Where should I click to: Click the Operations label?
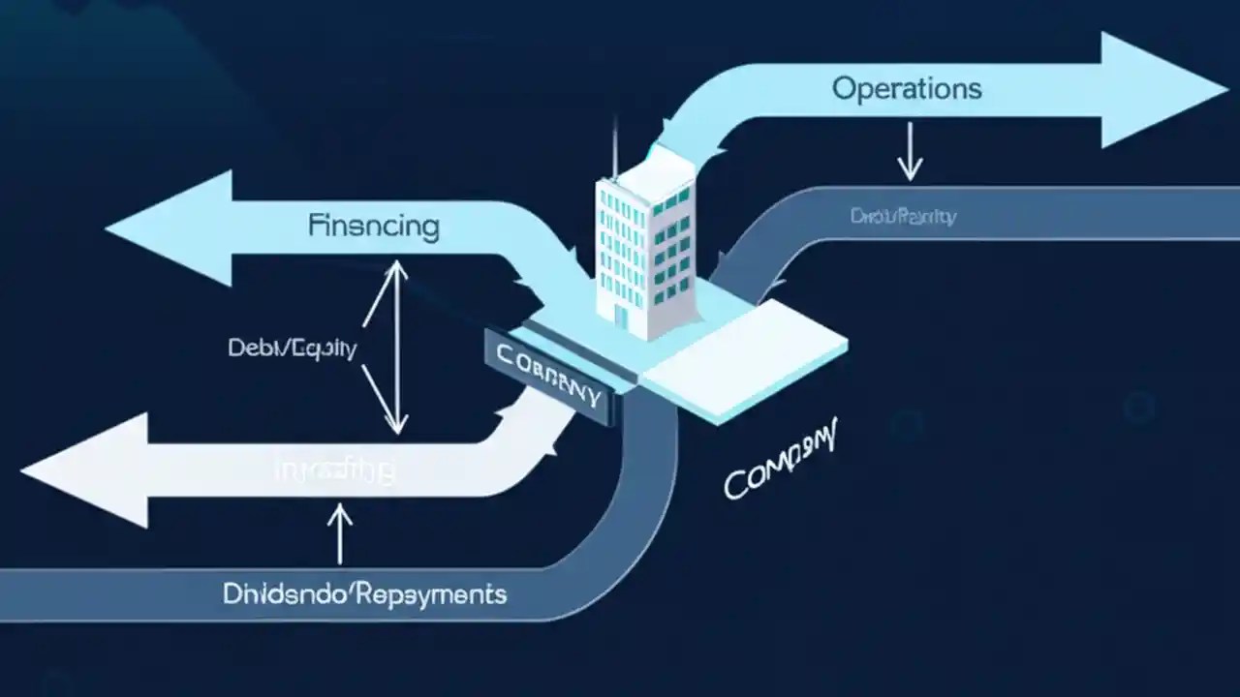pos(907,89)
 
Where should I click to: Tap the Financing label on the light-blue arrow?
pos(374,227)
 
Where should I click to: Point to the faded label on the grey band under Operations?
pos(903,216)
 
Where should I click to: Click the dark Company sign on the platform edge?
pos(548,376)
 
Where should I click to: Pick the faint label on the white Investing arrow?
pos(335,471)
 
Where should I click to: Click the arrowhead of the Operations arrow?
pos(1162,90)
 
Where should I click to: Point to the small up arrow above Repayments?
pos(340,532)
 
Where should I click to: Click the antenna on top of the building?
pos(614,150)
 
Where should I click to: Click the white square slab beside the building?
pos(746,353)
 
